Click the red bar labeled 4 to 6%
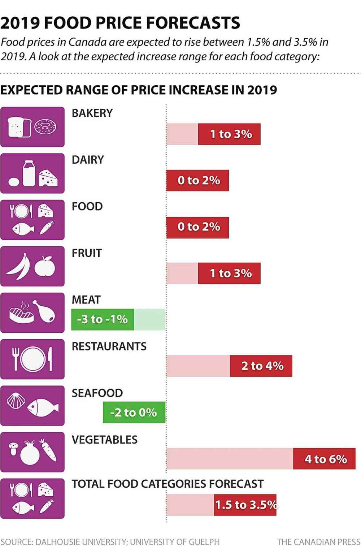click(325, 459)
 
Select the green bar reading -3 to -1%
click(103, 319)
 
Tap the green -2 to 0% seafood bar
click(134, 413)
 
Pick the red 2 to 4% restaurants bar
click(261, 366)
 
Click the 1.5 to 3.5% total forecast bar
click(245, 505)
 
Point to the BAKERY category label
click(92, 113)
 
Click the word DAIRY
click(88, 160)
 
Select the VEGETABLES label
click(105, 440)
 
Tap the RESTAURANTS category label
click(109, 346)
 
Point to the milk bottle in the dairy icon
click(29, 173)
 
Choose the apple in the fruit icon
click(45, 267)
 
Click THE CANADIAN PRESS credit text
click(318, 542)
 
